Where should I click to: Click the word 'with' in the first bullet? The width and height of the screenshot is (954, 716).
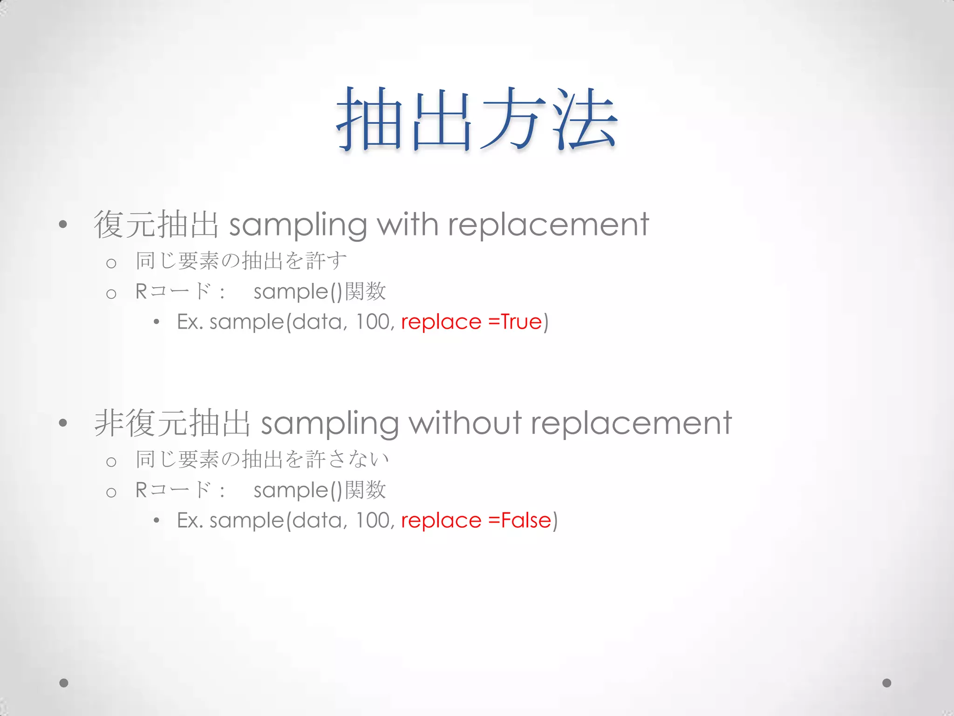(x=408, y=225)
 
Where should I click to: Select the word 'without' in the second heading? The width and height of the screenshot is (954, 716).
(x=465, y=423)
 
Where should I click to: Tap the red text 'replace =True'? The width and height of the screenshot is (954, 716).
(x=471, y=322)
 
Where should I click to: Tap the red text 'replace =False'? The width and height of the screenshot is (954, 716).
(x=476, y=521)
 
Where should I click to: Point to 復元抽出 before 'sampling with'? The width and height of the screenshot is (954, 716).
(x=156, y=225)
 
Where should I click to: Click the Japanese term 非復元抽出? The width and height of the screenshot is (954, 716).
(x=172, y=423)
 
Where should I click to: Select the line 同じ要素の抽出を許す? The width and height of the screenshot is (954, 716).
(x=241, y=261)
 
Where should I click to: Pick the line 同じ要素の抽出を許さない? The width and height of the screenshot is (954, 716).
(x=262, y=459)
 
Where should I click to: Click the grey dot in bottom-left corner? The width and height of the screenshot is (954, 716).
(x=64, y=683)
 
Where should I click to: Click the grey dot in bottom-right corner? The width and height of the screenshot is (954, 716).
(x=887, y=683)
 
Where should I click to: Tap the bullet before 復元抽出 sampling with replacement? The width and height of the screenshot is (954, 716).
(x=63, y=225)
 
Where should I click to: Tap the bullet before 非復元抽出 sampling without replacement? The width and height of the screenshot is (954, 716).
(x=63, y=423)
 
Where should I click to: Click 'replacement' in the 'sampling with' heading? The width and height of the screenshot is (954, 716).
(x=548, y=225)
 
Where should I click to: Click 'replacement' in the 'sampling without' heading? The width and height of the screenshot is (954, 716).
(x=631, y=423)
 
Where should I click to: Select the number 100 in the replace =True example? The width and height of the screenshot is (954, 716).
(x=373, y=322)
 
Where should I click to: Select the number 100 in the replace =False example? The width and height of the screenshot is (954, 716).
(x=373, y=521)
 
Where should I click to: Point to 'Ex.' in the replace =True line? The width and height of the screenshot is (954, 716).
(x=190, y=322)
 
